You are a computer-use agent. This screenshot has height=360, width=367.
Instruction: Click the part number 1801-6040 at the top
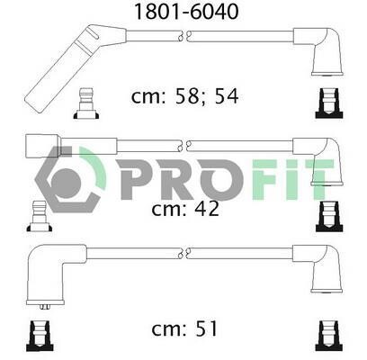tap(186, 12)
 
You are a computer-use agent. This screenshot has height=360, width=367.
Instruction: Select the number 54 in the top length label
tap(227, 96)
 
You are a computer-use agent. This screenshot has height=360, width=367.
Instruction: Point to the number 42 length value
tap(207, 209)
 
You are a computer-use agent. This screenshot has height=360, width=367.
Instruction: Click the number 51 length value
tap(206, 328)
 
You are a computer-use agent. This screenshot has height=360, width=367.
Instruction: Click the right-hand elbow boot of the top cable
tap(321, 51)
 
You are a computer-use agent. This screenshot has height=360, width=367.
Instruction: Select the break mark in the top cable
tap(184, 36)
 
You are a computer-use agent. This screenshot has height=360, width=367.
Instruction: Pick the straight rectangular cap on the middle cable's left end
tap(43, 147)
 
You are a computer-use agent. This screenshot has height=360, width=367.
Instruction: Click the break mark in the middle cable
tap(184, 146)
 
